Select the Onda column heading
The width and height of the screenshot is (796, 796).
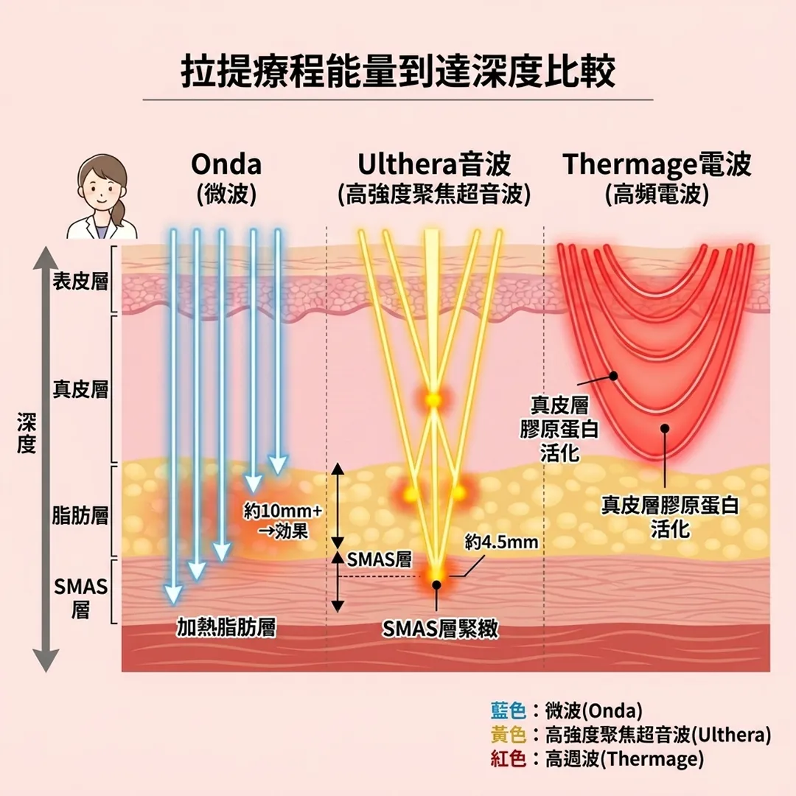[226, 164]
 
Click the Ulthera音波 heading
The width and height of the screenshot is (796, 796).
[434, 164]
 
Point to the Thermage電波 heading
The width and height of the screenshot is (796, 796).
[657, 164]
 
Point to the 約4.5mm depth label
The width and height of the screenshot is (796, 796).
[501, 543]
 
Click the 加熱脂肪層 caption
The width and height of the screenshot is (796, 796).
[226, 627]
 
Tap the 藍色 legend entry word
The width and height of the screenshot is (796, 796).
[509, 711]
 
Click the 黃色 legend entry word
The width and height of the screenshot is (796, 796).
[509, 734]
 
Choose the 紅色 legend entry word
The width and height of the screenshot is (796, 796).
[509, 758]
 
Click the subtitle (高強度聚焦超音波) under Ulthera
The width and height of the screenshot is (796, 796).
[434, 194]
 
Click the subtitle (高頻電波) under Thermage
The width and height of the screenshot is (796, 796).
[657, 194]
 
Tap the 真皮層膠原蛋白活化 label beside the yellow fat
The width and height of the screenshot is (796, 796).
[670, 516]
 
